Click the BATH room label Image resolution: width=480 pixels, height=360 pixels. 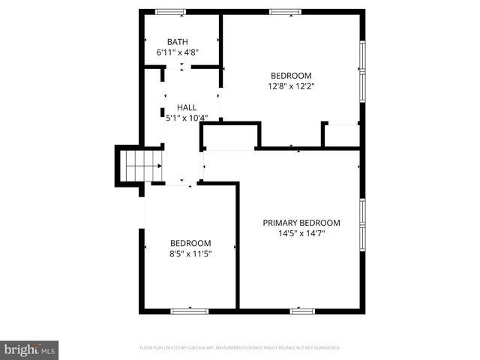coord(178,42)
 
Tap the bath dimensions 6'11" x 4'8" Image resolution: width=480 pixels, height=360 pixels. coord(178,53)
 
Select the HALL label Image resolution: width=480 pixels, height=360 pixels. coord(187,107)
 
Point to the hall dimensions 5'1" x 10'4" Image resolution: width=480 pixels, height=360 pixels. coord(187,118)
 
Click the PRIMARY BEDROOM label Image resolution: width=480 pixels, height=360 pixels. coord(301,223)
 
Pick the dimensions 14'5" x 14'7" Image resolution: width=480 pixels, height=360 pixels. coord(301,233)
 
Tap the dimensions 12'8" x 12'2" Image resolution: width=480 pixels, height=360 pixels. coord(291,86)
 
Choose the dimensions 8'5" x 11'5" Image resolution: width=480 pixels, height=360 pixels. coord(190,254)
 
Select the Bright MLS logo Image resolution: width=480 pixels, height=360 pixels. coord(30,350)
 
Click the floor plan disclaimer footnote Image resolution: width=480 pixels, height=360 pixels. coord(240,348)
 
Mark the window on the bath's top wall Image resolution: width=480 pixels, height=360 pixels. coord(170,11)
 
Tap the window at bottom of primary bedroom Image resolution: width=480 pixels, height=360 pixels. coord(301,310)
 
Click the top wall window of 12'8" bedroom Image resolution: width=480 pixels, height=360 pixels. coord(285,11)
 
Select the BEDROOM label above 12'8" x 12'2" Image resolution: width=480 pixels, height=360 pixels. coord(291,75)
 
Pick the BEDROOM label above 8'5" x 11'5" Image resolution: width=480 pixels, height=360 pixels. coord(190,243)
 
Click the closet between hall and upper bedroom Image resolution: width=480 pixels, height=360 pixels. coord(230,136)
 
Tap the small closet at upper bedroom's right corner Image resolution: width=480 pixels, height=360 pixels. coord(342,135)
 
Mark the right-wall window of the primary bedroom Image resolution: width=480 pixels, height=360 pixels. coord(362,223)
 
